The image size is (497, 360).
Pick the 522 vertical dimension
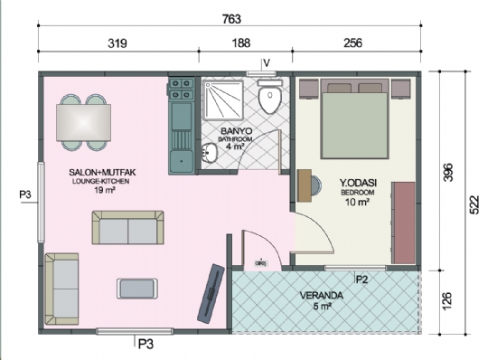[x=474, y=204]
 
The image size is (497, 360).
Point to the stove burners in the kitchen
[x=181, y=89]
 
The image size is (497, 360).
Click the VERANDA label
[x=324, y=296]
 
